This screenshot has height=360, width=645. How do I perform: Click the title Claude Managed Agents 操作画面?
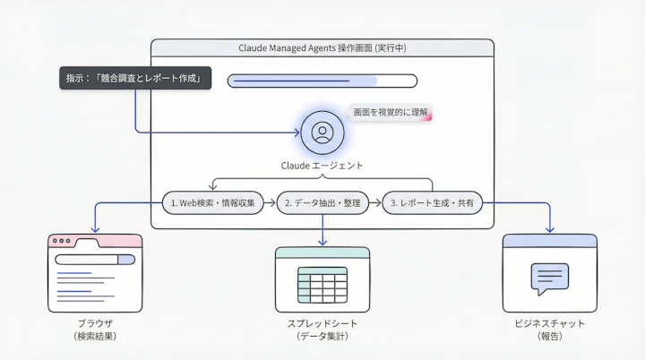point(322,47)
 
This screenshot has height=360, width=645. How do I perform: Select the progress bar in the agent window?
point(322,81)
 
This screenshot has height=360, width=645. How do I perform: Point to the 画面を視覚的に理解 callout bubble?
point(391,114)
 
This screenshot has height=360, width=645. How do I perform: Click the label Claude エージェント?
point(322,167)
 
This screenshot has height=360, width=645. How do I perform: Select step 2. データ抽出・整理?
point(322,203)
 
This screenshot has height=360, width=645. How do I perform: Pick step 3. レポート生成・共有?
point(432,203)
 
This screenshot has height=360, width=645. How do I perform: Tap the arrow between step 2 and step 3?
point(376,203)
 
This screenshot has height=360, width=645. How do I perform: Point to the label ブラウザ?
point(95,321)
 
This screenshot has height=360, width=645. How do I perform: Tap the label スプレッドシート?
point(322,321)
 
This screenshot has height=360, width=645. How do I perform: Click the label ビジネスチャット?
point(548,321)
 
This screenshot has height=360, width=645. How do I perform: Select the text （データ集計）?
point(322,337)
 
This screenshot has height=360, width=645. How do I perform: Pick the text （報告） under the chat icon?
point(548,337)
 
